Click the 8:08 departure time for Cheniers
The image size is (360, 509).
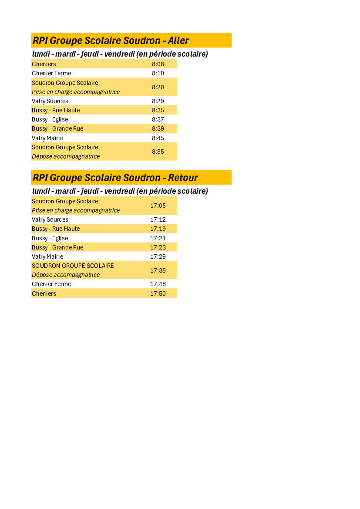pyautogui.click(x=158, y=64)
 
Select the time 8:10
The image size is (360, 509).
pyautogui.click(x=158, y=73)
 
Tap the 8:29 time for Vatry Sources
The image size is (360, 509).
pyautogui.click(x=158, y=101)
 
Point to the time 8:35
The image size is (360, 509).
pyautogui.click(x=158, y=110)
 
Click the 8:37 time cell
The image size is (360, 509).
pyautogui.click(x=158, y=119)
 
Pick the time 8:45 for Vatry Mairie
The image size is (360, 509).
pyautogui.click(x=158, y=138)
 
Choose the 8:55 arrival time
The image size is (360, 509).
pyautogui.click(x=158, y=152)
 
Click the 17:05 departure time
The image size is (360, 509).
pyautogui.click(x=158, y=206)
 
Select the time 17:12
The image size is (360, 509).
pyautogui.click(x=158, y=219)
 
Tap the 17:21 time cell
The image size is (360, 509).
pyautogui.click(x=158, y=238)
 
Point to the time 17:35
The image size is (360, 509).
pyautogui.click(x=158, y=270)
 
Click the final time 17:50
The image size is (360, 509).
pyautogui.click(x=158, y=293)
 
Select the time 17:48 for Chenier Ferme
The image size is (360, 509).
pyautogui.click(x=158, y=284)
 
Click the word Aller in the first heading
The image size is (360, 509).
pyautogui.click(x=178, y=40)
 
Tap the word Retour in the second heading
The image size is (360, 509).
pyautogui.click(x=183, y=178)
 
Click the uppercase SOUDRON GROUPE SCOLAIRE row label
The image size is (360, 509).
pyautogui.click(x=73, y=266)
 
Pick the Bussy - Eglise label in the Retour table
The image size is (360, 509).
pyautogui.click(x=50, y=238)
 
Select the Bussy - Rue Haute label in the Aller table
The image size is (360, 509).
pyautogui.click(x=56, y=110)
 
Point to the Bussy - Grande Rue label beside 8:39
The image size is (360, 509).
pyautogui.click(x=57, y=128)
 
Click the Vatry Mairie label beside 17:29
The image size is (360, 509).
pyautogui.click(x=47, y=256)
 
